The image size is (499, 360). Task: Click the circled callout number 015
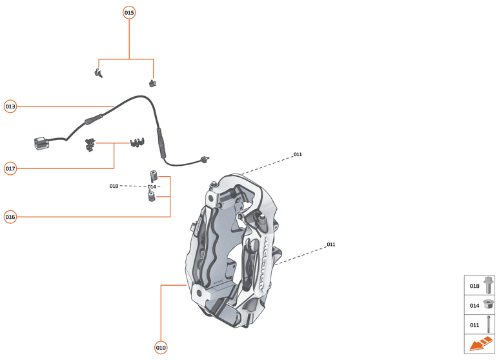pos(129,12)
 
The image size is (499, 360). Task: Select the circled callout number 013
pos(10,106)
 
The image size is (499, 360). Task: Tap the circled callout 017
pos(10,168)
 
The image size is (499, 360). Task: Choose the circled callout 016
pos(10,217)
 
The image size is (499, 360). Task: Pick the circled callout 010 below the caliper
pos(161,348)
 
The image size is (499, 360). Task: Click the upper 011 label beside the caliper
pos(298,155)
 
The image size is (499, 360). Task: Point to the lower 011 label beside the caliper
pos(331,245)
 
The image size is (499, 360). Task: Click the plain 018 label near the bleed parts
pos(114,186)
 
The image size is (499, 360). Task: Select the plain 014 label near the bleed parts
pos(152,186)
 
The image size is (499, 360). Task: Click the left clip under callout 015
pos(98,72)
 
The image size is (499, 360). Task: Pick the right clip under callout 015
pos(153,83)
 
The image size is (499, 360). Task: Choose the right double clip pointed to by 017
pos(137,141)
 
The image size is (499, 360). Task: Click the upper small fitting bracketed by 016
pos(154,175)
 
